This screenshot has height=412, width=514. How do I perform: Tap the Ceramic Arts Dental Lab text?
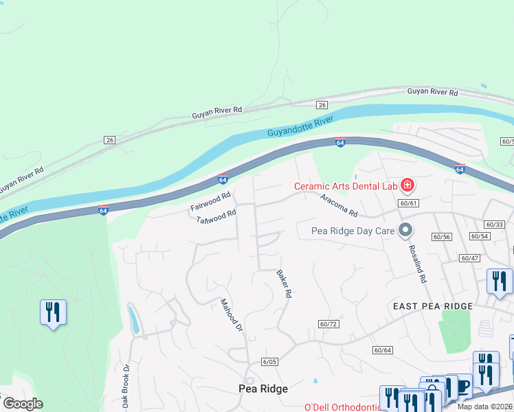pyautogui.click(x=345, y=186)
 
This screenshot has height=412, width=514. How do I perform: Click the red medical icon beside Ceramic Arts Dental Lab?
pyautogui.click(x=407, y=185)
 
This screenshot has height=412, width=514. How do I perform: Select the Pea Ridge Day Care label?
pyautogui.click(x=353, y=231)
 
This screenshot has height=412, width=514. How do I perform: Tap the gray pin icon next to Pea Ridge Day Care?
pyautogui.click(x=405, y=230)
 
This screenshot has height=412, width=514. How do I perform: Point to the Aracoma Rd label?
pyautogui.click(x=339, y=205)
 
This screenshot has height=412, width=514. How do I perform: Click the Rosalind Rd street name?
pyautogui.click(x=418, y=264)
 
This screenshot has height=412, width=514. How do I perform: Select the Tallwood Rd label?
pyautogui.click(x=216, y=218)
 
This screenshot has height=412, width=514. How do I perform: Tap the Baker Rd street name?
pyautogui.click(x=284, y=283)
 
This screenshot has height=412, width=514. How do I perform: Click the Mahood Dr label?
pyautogui.click(x=232, y=315)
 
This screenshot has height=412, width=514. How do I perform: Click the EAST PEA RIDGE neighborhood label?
pyautogui.click(x=432, y=306)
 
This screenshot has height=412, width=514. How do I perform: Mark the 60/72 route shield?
pyautogui.click(x=329, y=323)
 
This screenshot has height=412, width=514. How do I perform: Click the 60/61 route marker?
pyautogui.click(x=408, y=203)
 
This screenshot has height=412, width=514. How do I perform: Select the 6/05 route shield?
pyautogui.click(x=269, y=361)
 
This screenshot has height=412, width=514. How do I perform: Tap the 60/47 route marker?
pyautogui.click(x=470, y=258)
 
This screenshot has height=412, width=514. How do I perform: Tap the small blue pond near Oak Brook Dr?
pyautogui.click(x=133, y=320)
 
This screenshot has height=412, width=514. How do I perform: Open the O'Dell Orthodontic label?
pyautogui.click(x=342, y=407)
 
